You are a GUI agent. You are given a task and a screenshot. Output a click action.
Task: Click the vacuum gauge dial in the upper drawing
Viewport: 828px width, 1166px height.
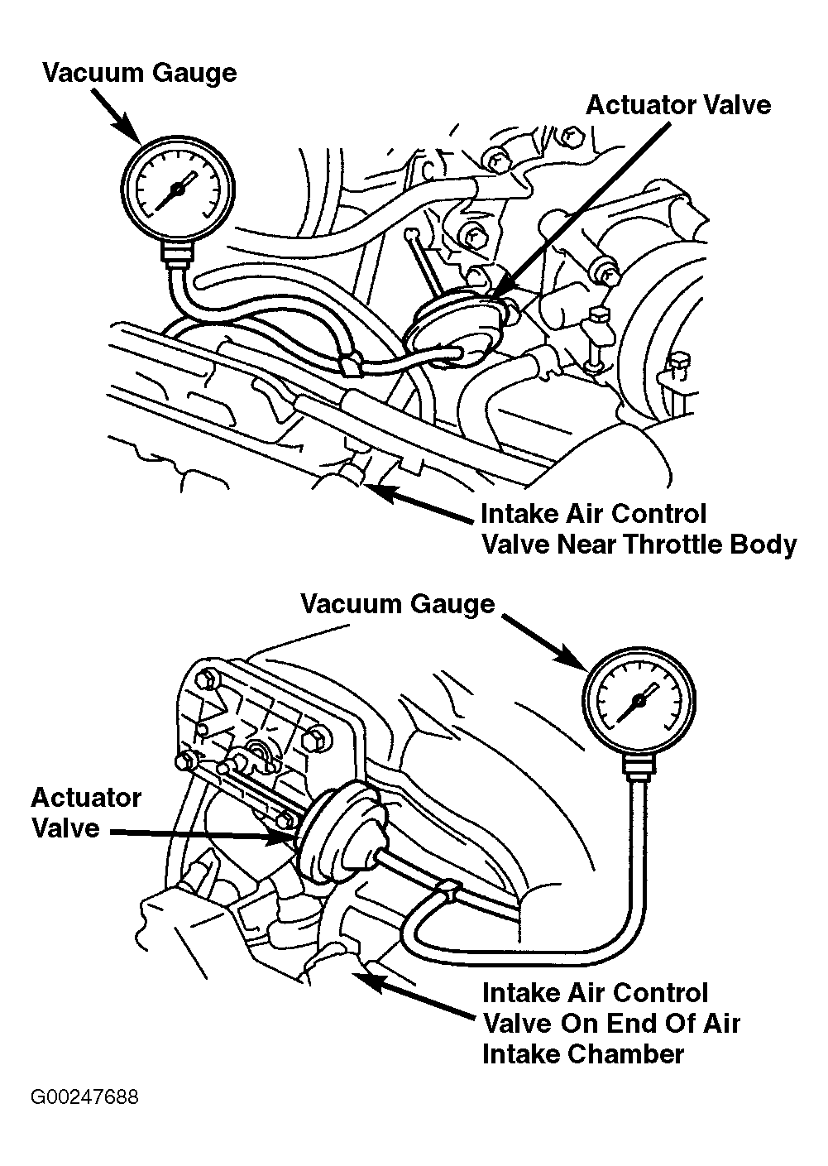pyautogui.click(x=177, y=189)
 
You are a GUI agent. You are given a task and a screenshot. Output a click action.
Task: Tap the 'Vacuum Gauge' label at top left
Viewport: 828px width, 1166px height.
pyautogui.click(x=140, y=73)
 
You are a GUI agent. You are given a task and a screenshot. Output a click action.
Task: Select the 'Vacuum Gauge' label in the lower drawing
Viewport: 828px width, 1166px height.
pyautogui.click(x=397, y=604)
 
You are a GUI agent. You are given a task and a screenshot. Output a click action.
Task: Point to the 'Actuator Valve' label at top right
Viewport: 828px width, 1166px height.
pyautogui.click(x=678, y=105)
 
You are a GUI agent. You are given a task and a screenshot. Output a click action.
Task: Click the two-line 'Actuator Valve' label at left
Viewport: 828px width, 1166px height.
pyautogui.click(x=86, y=813)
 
